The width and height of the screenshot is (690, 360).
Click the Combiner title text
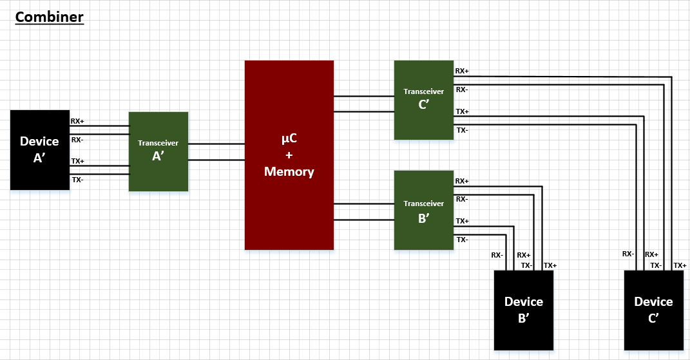click(50, 17)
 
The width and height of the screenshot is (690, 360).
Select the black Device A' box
click(39, 150)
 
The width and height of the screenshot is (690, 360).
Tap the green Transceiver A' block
click(158, 151)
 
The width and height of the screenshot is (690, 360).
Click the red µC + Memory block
click(289, 155)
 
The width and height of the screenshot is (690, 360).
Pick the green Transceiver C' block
click(423, 100)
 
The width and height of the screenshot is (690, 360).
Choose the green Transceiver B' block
click(423, 210)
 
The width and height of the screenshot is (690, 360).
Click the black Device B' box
click(523, 310)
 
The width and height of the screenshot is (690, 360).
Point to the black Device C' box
click(653, 310)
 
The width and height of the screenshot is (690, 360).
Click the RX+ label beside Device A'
click(77, 120)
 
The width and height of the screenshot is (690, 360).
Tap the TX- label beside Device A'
click(77, 180)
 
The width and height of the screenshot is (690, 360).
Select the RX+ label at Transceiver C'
click(462, 71)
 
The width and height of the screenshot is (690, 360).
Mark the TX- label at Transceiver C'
click(462, 130)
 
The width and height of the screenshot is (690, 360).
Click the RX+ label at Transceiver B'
click(462, 181)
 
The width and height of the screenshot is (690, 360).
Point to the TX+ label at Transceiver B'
click(462, 221)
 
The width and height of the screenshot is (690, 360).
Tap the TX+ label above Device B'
click(550, 265)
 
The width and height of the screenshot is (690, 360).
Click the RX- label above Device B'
click(497, 255)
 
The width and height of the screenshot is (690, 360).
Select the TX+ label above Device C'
click(680, 265)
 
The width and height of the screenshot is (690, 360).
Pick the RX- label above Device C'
click(628, 254)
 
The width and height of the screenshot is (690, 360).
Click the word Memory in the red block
click(289, 172)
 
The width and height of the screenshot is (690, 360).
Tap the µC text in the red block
click(289, 139)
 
